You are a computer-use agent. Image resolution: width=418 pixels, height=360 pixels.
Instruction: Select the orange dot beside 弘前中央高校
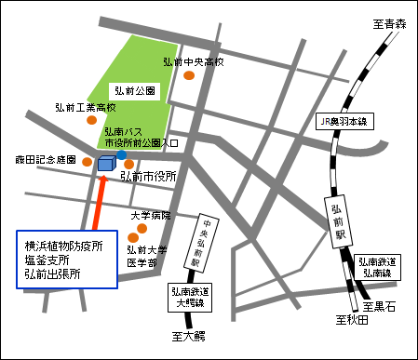coord(190,76)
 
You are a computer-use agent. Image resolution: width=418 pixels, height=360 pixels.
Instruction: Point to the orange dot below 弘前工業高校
coord(91,120)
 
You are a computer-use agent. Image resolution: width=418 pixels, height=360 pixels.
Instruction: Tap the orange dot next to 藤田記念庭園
coord(88,162)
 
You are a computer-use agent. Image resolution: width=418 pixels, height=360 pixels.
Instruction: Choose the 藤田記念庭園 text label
coord(44,160)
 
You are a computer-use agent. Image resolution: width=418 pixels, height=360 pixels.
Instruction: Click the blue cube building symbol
coord(105,164)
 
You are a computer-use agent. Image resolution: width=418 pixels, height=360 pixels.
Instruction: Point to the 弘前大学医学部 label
coord(147,256)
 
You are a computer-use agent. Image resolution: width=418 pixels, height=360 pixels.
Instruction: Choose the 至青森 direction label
coord(390,23)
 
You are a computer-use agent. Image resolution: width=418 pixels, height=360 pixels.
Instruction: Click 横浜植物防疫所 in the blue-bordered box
coord(64,247)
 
